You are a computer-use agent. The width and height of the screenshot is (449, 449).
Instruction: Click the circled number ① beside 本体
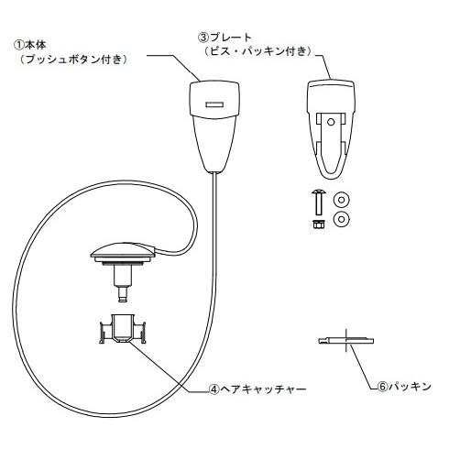click(x=19, y=45)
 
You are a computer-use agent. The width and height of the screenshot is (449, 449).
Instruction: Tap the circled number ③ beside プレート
click(x=203, y=38)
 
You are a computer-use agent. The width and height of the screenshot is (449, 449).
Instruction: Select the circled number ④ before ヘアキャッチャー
click(x=214, y=389)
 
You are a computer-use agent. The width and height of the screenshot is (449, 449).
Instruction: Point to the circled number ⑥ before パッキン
click(x=383, y=387)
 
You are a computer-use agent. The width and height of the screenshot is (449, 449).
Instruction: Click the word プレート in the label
click(x=230, y=38)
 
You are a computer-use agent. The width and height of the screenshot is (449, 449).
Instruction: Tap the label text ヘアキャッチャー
click(x=263, y=389)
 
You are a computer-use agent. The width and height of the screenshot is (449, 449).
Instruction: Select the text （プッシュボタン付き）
click(x=73, y=59)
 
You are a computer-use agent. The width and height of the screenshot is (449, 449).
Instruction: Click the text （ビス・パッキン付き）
click(x=258, y=51)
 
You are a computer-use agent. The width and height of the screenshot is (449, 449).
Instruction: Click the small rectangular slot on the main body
click(x=214, y=104)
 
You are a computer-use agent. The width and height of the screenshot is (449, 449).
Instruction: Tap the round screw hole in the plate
click(x=331, y=122)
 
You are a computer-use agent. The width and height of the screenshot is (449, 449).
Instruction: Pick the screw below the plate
click(x=319, y=203)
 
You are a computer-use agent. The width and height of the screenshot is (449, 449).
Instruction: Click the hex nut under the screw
click(x=319, y=224)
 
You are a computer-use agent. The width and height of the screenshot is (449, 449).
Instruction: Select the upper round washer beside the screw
click(x=342, y=200)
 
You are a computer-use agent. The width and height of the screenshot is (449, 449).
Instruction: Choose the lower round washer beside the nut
click(x=342, y=219)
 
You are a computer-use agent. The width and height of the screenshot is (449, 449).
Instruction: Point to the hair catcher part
click(x=123, y=329)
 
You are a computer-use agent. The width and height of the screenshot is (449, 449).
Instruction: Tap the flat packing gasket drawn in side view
click(x=345, y=341)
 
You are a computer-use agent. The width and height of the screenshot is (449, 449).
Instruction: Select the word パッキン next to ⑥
click(x=410, y=387)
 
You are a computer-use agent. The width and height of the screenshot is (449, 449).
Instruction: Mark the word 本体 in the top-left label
click(x=36, y=45)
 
